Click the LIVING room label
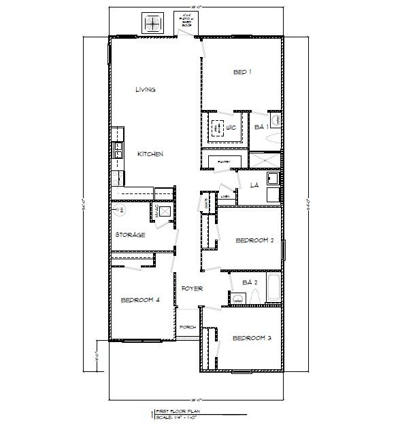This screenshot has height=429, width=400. [x=146, y=90]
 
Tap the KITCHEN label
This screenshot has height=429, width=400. [x=150, y=155]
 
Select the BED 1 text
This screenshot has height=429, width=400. [x=243, y=73]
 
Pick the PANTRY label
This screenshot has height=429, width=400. [x=224, y=161]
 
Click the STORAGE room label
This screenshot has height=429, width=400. [x=131, y=235]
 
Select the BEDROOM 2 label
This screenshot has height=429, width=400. [x=254, y=240]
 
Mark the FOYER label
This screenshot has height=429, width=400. [x=193, y=289]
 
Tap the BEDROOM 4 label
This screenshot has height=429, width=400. [x=139, y=300]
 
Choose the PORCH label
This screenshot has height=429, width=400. [x=188, y=328]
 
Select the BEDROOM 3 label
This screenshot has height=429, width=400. [x=252, y=338]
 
